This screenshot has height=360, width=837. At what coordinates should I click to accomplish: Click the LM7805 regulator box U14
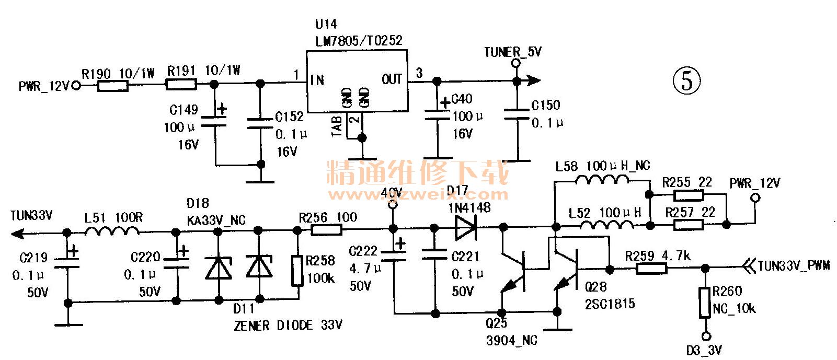(x=356, y=81)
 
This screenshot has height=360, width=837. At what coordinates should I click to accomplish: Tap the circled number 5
(x=686, y=81)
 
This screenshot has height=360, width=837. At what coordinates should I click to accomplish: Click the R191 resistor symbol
(x=181, y=84)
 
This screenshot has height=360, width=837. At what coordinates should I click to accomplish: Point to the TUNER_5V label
(x=512, y=52)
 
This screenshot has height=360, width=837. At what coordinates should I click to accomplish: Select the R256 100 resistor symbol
(x=326, y=229)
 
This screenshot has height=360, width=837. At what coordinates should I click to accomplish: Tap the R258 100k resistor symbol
(x=297, y=271)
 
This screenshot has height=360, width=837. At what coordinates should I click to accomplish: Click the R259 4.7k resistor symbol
(x=651, y=269)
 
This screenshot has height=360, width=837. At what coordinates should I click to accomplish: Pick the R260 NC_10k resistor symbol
(x=705, y=302)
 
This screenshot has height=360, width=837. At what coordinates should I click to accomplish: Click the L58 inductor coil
(x=602, y=181)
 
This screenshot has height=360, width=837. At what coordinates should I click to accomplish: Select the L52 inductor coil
(x=606, y=225)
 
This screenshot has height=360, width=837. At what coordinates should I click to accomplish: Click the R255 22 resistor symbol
(x=688, y=195)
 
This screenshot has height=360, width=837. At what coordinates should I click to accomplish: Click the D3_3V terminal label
(x=703, y=351)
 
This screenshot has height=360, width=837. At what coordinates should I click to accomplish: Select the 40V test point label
(x=392, y=193)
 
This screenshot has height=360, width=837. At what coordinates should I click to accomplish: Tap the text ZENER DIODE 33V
(x=288, y=326)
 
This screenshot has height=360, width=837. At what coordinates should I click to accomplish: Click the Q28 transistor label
(x=595, y=287)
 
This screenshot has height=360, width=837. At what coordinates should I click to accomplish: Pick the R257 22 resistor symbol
(x=688, y=225)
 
